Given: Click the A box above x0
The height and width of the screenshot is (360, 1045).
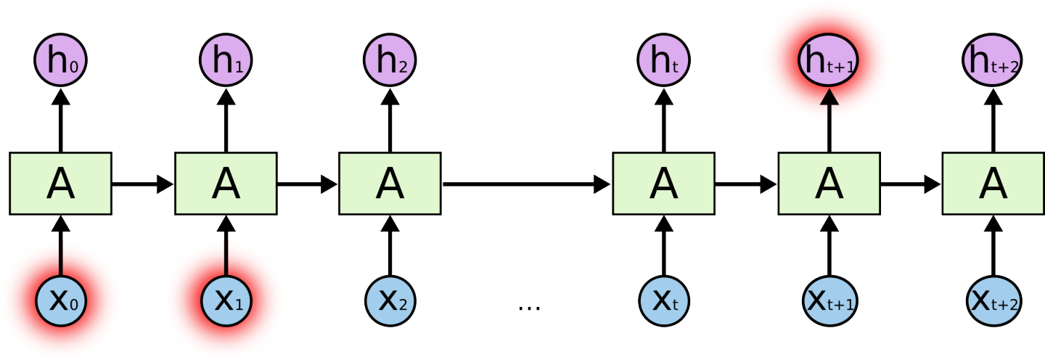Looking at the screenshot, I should pos(60,184).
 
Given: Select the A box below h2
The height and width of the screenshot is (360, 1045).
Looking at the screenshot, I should pos(390,184).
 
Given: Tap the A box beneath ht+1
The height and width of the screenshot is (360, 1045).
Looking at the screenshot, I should pos(828,184).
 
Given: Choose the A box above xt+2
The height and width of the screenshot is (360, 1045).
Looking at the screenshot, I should pos(993,184).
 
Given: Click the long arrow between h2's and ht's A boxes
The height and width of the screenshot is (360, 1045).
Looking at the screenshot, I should pos(526,184).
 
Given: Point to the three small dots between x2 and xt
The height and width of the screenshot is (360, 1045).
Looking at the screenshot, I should pos(529,308).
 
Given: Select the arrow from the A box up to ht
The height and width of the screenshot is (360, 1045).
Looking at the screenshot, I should pos(663,120).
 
